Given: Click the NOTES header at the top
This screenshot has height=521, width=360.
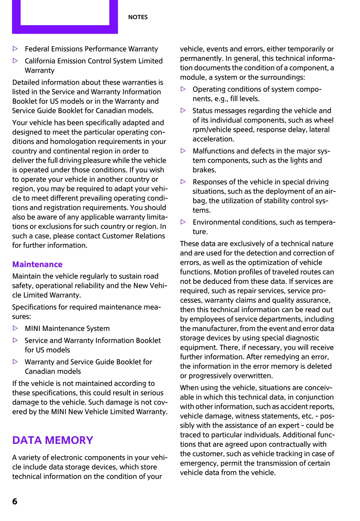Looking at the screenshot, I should click(x=138, y=17).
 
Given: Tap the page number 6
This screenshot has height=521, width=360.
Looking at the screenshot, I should click(x=15, y=501).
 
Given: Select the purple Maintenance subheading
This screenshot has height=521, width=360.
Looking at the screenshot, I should click(x=37, y=264).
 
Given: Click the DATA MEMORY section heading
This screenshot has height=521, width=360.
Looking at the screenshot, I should click(x=53, y=440).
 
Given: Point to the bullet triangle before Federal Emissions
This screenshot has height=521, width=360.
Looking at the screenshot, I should click(x=15, y=49).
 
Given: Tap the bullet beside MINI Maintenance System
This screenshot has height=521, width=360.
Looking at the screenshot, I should click(x=15, y=328).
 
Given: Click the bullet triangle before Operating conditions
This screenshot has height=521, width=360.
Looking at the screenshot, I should click(x=183, y=89).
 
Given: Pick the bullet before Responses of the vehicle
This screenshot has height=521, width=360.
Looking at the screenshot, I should click(x=183, y=182).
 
